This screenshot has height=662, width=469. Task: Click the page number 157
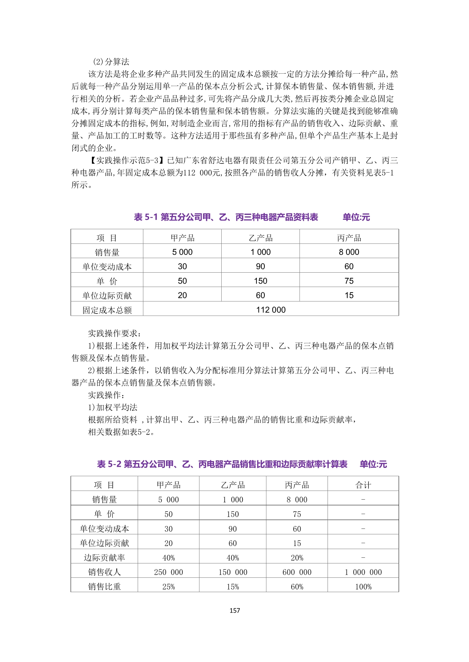(234, 610)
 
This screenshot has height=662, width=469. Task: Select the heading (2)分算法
(111, 62)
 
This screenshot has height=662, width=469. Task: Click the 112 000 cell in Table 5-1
(271, 310)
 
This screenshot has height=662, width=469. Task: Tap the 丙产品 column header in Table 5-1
(349, 238)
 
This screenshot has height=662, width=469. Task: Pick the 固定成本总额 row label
(107, 310)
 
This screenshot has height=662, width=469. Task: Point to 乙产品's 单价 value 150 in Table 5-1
(260, 281)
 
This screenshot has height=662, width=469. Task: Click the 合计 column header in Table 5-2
(363, 485)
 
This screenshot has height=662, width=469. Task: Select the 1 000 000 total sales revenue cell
(363, 572)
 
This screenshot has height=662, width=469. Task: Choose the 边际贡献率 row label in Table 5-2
(104, 558)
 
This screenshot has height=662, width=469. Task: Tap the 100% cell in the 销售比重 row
(363, 587)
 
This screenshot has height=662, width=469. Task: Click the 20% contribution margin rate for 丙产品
(297, 558)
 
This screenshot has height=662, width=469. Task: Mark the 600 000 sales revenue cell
(297, 572)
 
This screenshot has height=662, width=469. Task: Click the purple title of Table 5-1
(226, 217)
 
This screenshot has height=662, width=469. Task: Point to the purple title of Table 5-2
(222, 464)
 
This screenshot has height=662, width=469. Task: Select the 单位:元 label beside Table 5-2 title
(373, 464)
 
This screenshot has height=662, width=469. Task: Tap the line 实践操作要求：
(115, 333)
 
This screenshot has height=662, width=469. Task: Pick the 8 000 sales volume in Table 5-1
(349, 252)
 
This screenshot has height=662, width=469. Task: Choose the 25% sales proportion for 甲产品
(168, 587)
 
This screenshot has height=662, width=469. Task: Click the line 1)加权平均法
(113, 407)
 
